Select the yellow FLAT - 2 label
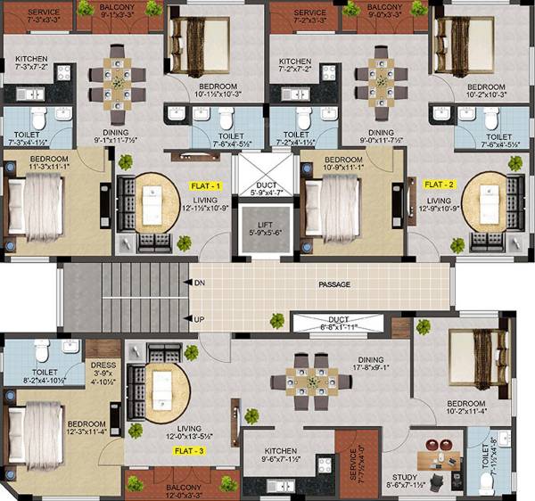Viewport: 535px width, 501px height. [x=439, y=184]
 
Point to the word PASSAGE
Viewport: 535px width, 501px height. [x=335, y=284]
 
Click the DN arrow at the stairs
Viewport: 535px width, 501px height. [x=187, y=283]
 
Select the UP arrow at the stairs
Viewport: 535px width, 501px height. [x=187, y=318]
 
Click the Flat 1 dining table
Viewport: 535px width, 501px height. [x=116, y=82]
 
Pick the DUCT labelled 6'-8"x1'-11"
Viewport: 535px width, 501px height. [x=338, y=323]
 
